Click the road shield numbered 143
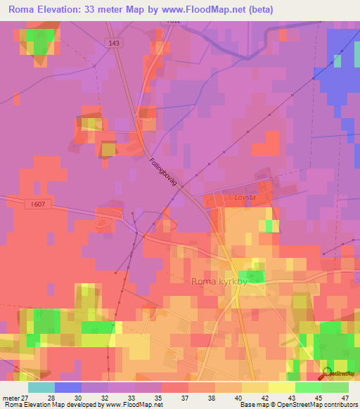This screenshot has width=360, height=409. coord(115,43)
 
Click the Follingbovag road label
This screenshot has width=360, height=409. coord(166,171)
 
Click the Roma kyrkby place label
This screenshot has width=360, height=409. coord(218,281)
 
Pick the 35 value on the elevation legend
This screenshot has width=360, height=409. coord(160,397)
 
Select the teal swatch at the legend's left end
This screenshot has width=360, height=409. coord(41,387)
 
